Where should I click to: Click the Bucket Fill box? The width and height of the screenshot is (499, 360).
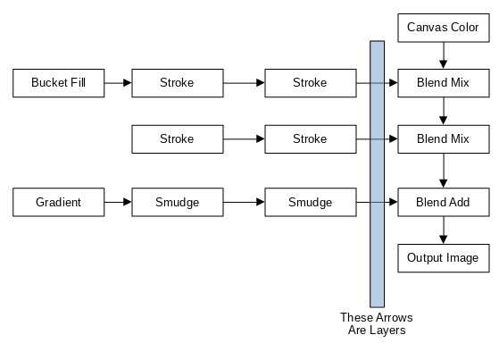(x=59, y=83)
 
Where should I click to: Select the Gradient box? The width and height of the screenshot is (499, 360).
(x=59, y=202)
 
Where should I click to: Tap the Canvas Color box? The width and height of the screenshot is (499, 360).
(x=444, y=28)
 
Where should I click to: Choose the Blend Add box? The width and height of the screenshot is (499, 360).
(x=444, y=202)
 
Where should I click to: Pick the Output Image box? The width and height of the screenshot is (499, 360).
(x=444, y=258)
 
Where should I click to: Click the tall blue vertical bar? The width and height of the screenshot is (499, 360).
(x=377, y=174)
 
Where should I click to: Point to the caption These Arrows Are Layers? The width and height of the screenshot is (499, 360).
(x=377, y=323)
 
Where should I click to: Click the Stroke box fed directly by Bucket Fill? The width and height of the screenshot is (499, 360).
(x=178, y=83)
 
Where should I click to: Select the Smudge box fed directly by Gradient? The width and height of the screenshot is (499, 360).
(x=178, y=202)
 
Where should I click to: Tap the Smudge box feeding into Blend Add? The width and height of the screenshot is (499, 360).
(x=311, y=202)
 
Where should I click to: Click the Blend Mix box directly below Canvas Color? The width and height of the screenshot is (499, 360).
(x=444, y=83)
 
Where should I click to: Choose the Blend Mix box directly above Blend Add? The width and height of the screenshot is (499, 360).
(x=444, y=139)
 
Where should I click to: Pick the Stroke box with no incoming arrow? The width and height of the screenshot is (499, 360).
(x=178, y=139)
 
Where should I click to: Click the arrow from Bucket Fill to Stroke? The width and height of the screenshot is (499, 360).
(x=118, y=83)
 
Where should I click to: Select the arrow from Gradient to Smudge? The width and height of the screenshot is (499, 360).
(x=118, y=202)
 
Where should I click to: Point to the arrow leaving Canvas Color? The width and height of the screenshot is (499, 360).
(x=444, y=55)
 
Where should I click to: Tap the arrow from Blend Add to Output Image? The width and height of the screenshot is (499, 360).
(x=444, y=230)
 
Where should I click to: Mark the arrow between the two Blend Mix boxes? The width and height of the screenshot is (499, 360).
(x=444, y=111)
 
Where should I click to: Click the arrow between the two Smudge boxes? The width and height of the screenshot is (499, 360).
(x=244, y=202)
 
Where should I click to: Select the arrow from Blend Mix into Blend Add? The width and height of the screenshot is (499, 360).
(x=444, y=171)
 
